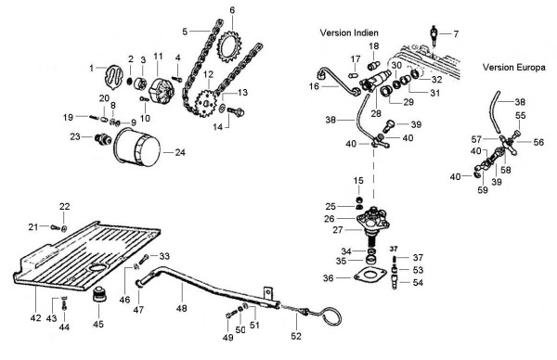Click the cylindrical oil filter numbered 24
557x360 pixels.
pyautogui.click(x=137, y=147)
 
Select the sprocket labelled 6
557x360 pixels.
pyautogui.click(x=229, y=47)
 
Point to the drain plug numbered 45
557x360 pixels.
pyautogui.click(x=98, y=293)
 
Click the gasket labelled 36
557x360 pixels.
pyautogui.click(x=369, y=276)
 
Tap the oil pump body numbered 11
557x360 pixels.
pyautogui.click(x=162, y=91)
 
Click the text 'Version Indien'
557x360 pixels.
pyautogui.click(x=349, y=32)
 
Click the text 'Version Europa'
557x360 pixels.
pyautogui.click(x=513, y=67)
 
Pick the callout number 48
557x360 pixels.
pyautogui.click(x=181, y=308)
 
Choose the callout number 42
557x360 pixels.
pyautogui.click(x=35, y=317)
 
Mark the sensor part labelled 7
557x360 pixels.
pyautogui.click(x=434, y=35)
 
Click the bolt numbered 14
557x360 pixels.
pyautogui.click(x=236, y=111)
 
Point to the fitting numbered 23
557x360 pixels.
pyautogui.click(x=101, y=139)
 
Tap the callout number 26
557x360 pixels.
pyautogui.click(x=329, y=219)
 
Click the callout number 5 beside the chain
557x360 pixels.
pyautogui.click(x=185, y=32)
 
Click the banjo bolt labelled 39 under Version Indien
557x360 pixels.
pyautogui.click(x=390, y=125)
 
